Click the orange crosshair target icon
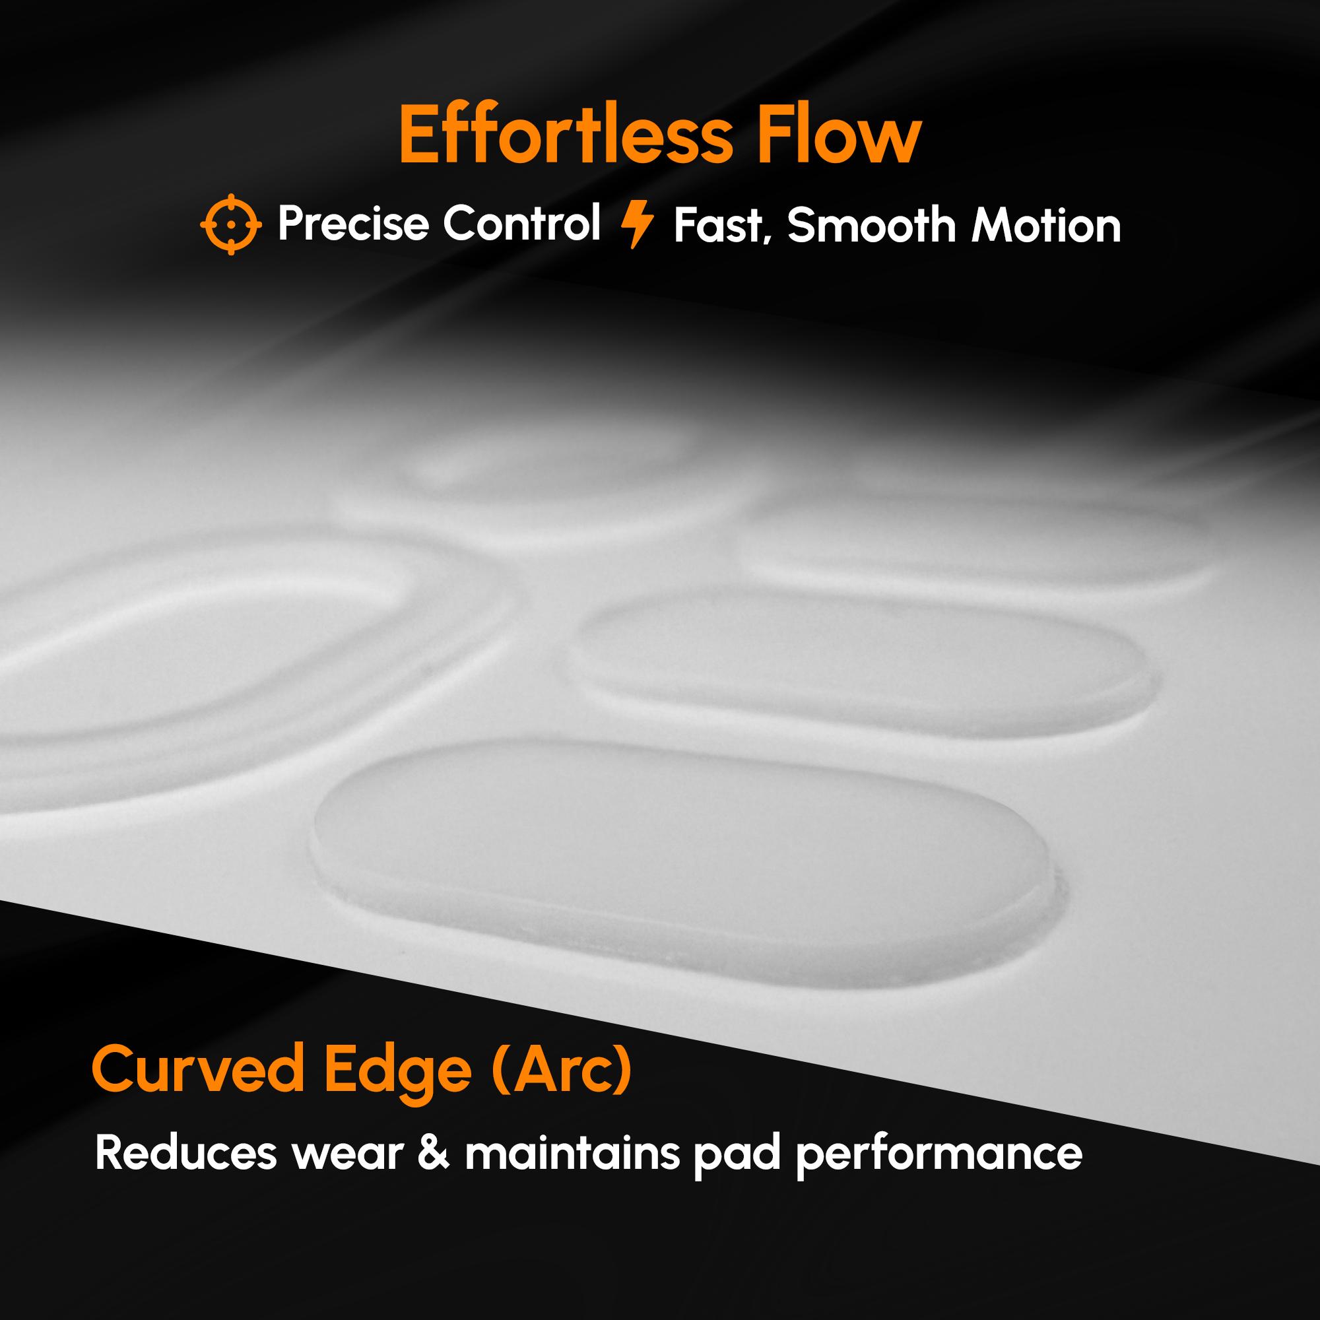[x=231, y=224]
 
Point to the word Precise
[x=354, y=224]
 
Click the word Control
[x=521, y=224]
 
